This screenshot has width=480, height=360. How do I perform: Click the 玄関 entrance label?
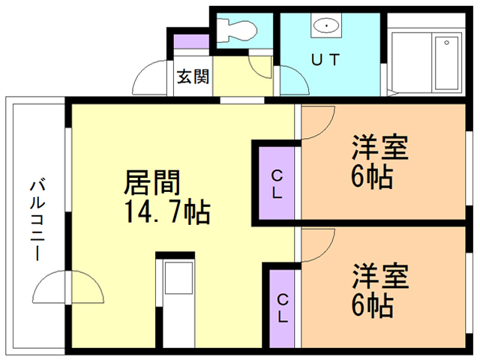193,76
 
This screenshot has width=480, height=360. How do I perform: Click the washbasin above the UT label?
327,28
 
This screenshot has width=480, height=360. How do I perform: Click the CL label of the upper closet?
277,184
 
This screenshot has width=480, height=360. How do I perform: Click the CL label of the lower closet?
283,308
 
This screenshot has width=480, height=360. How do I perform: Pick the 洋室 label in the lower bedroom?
380,276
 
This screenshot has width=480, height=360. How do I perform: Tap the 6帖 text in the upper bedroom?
372,178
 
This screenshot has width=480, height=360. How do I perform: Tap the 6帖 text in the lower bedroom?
372,305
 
